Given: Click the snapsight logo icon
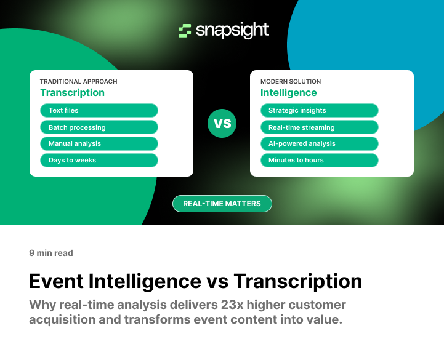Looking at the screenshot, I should click(x=184, y=31).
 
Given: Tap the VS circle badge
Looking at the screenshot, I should click(x=222, y=123).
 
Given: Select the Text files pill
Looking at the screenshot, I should click(x=99, y=111).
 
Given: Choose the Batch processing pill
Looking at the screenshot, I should click(x=99, y=127).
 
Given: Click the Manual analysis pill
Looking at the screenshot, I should click(x=99, y=143).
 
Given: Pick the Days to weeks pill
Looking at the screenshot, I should click(x=99, y=160).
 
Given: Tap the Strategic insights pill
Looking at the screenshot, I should click(x=319, y=111).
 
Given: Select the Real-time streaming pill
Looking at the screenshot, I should click(x=319, y=127).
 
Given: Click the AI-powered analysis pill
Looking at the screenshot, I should click(x=319, y=143).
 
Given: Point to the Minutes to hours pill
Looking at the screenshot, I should click(x=319, y=160).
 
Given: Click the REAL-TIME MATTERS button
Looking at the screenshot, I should click(x=222, y=204).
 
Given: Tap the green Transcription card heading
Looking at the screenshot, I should click(x=72, y=93).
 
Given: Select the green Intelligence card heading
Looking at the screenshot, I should click(x=288, y=93).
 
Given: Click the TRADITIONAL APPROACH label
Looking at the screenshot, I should click(x=78, y=81).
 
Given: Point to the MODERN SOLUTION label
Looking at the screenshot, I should click(x=291, y=81).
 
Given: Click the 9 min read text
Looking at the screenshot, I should click(x=51, y=253).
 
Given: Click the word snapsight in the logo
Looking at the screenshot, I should click(x=232, y=30).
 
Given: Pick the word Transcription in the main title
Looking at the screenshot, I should click(x=298, y=281).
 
